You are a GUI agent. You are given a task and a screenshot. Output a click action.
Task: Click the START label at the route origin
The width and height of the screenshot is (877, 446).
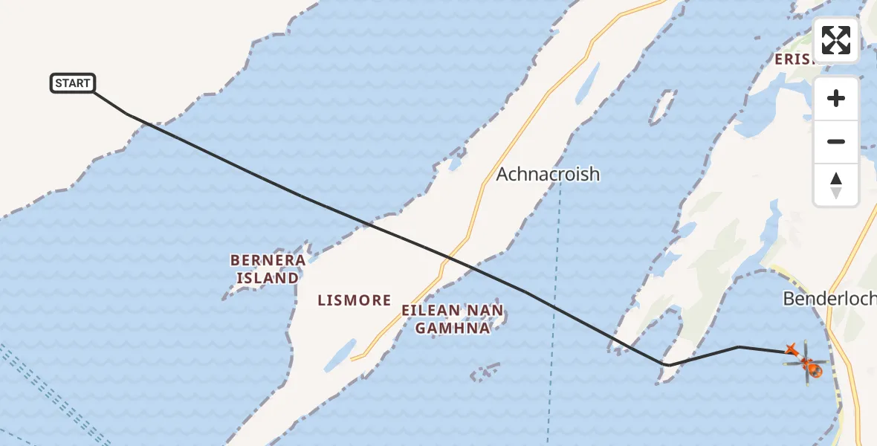click(x=73, y=83)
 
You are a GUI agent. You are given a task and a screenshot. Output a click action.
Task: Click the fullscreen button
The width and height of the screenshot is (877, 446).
click(x=836, y=40)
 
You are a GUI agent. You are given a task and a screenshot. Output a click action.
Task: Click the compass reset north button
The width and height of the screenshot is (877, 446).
click(x=836, y=185)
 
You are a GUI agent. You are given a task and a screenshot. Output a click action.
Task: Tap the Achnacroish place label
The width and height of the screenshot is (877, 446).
click(x=547, y=174)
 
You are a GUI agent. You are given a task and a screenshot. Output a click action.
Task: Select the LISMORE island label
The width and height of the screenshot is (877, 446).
click(x=354, y=300)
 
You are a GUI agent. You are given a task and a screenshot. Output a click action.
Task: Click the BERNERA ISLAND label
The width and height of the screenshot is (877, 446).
click(x=268, y=269)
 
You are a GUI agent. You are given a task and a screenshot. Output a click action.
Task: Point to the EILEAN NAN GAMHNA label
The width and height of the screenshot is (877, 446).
click(x=452, y=319)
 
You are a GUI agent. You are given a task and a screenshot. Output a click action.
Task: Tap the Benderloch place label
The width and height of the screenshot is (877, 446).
click(x=829, y=299)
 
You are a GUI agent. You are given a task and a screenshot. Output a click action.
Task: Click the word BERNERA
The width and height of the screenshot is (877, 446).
click(x=268, y=260)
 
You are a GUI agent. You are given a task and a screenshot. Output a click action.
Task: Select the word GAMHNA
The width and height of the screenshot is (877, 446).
click(x=452, y=328)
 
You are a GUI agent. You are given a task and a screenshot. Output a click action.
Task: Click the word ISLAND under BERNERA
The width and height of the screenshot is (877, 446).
click(x=268, y=278)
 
